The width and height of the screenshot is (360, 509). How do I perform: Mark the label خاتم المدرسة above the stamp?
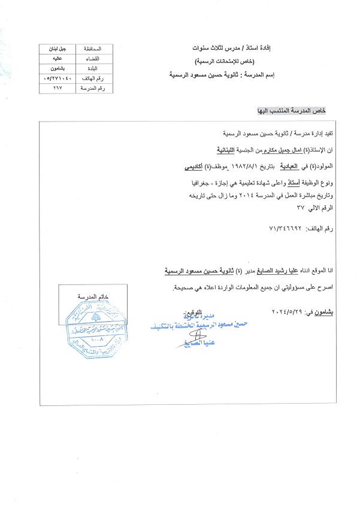[89, 297]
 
